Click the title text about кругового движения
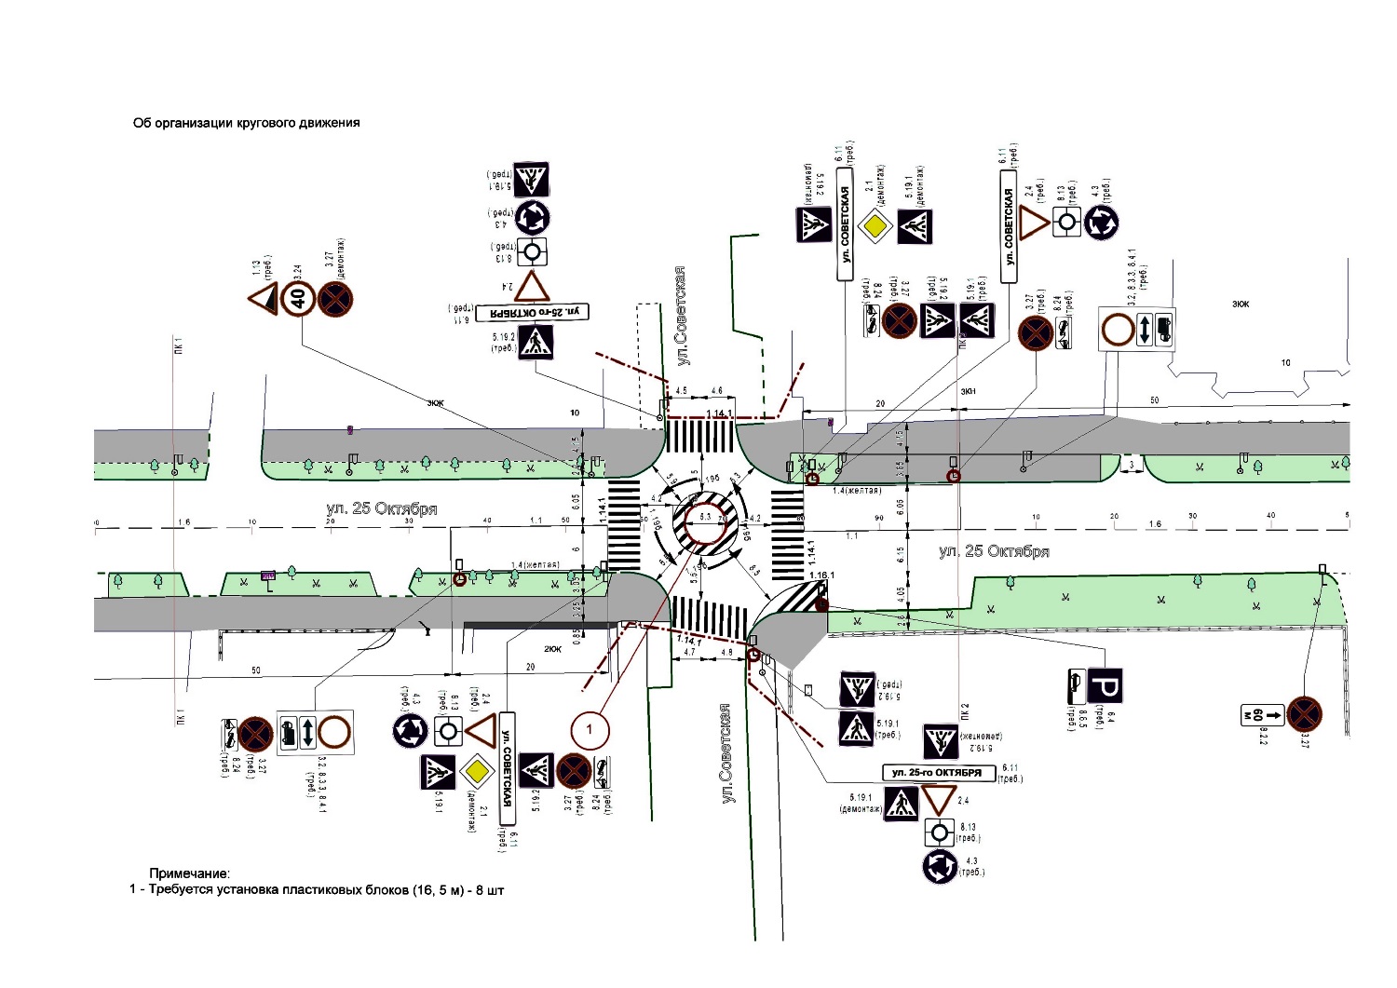point(246,123)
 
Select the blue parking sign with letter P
point(1106,686)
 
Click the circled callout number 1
point(589,730)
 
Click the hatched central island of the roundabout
point(706,521)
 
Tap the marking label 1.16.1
point(821,575)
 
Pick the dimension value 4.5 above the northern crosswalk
point(681,391)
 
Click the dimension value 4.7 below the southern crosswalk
point(690,653)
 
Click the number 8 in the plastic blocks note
point(478,890)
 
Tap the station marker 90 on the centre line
point(877,517)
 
